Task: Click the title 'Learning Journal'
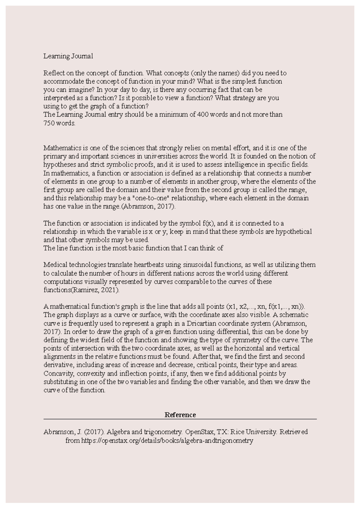click(68, 56)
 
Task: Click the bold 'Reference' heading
click(180, 415)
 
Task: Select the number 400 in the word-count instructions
click(198, 115)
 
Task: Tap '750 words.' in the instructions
click(59, 123)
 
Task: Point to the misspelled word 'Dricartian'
click(201, 323)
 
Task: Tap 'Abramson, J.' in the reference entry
click(62, 432)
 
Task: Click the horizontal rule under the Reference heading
click(180, 419)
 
